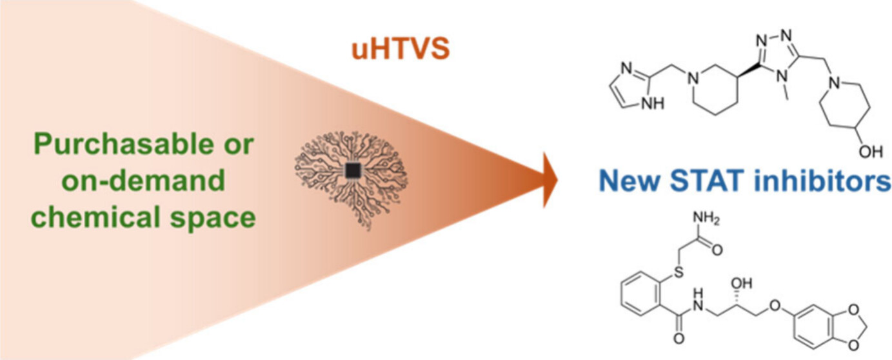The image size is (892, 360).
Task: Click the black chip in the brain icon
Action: coord(353,170)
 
